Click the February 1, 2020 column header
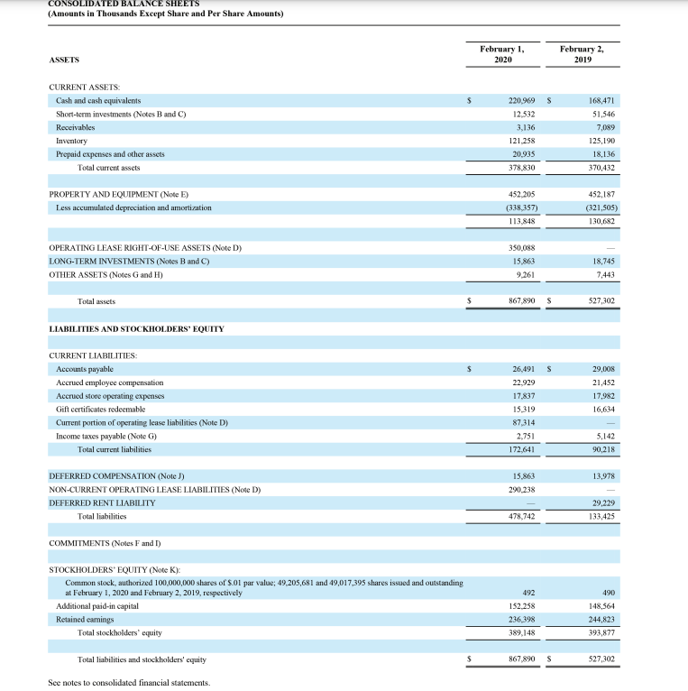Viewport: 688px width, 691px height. pos(502,53)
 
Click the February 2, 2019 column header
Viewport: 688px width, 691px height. pos(582,53)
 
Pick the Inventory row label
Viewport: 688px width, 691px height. pos(71,141)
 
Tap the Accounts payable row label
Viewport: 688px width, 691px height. pos(85,369)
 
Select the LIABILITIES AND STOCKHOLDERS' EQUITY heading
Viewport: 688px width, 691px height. pos(136,328)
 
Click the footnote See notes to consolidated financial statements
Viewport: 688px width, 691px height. pos(128,683)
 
